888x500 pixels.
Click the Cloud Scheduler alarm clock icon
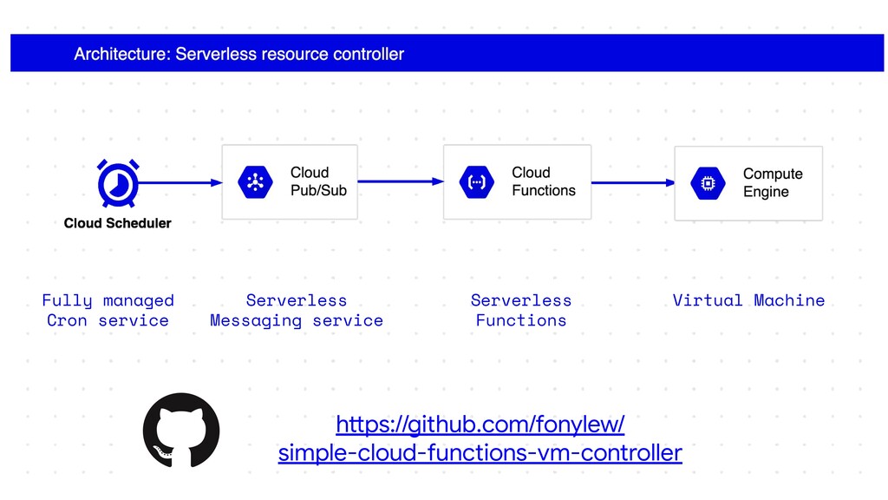[x=118, y=184]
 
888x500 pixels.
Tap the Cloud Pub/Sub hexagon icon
[x=256, y=182]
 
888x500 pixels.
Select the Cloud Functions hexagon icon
[x=477, y=182]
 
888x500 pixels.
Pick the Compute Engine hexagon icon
[x=708, y=183]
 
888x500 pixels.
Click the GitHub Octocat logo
[x=181, y=431]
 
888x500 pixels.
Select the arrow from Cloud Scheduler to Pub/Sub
[x=180, y=182]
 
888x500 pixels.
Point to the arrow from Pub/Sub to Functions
[x=401, y=181]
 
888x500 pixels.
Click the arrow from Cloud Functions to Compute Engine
[x=633, y=182]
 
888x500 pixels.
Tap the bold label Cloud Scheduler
[x=117, y=223]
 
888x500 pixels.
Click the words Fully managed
[x=108, y=300]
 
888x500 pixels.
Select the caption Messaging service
[x=297, y=321]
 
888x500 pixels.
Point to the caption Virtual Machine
[x=748, y=300]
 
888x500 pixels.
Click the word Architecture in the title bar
[x=121, y=54]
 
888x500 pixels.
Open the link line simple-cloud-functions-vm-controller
[x=480, y=453]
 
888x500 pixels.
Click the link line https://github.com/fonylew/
[x=480, y=424]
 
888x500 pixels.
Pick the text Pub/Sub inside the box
[x=318, y=190]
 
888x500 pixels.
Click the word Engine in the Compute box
[x=766, y=192]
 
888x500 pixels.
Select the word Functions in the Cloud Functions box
[x=544, y=190]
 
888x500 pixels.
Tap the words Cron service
[x=108, y=321]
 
